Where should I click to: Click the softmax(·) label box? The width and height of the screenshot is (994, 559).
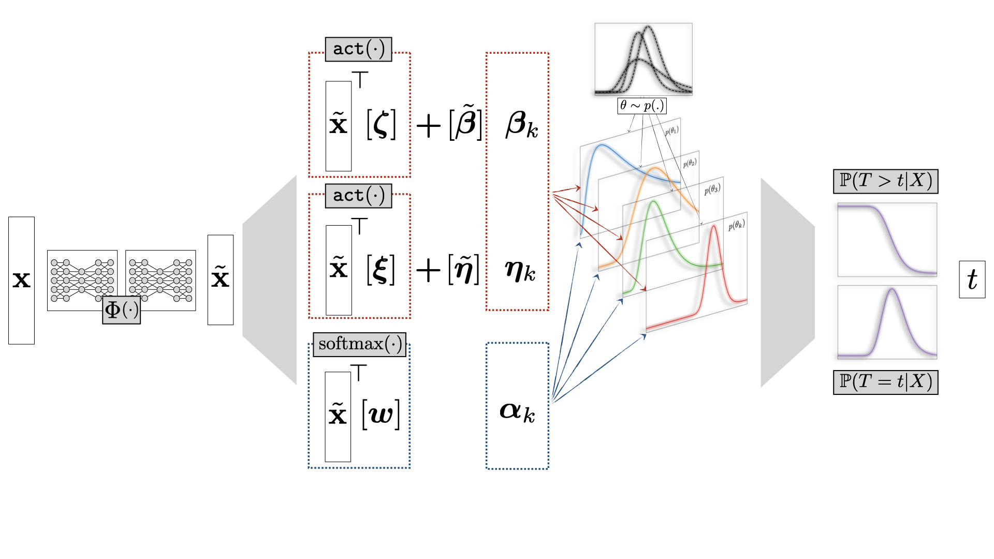click(x=360, y=344)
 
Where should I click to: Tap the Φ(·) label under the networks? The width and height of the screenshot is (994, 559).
click(x=122, y=310)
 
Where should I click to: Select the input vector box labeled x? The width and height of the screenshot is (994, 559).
click(x=21, y=281)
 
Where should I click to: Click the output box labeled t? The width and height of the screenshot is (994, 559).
click(x=972, y=279)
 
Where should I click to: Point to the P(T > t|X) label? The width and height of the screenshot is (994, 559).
click(x=886, y=181)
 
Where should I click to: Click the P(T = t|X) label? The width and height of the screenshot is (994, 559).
click(x=886, y=382)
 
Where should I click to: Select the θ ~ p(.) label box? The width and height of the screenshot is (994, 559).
click(x=642, y=106)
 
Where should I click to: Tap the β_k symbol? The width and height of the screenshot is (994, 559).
click(x=522, y=125)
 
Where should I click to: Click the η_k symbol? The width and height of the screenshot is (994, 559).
click(x=520, y=271)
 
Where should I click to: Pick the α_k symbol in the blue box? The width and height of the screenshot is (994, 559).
click(x=517, y=412)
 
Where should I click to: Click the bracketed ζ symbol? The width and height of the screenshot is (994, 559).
click(x=382, y=124)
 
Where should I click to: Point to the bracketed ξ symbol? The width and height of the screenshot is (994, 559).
click(x=381, y=270)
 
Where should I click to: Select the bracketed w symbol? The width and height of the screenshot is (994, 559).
click(x=381, y=415)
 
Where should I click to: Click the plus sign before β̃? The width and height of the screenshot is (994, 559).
click(x=429, y=126)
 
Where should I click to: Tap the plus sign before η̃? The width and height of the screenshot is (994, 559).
click(x=429, y=270)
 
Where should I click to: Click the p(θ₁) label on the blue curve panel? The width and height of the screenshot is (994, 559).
click(x=671, y=130)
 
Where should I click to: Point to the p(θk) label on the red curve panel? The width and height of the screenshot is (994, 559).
click(x=737, y=225)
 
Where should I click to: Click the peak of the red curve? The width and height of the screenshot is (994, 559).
click(x=714, y=226)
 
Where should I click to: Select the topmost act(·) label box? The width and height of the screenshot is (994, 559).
click(x=359, y=49)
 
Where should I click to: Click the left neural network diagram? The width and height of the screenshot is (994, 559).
click(x=82, y=281)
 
